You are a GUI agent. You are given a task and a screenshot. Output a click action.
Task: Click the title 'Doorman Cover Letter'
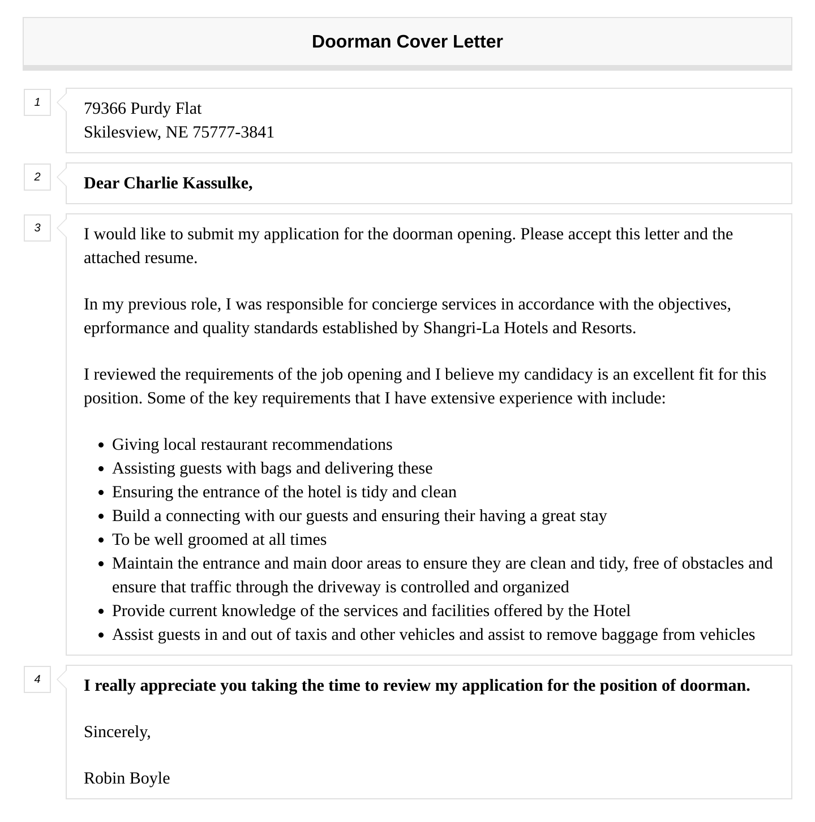[407, 42]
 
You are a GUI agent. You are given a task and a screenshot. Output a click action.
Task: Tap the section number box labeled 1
[37, 102]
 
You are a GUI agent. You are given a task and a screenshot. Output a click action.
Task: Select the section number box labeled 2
[37, 177]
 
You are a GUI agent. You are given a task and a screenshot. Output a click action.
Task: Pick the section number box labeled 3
[37, 228]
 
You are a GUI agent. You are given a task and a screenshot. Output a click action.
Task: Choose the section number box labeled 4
[37, 679]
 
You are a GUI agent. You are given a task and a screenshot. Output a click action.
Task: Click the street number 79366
[105, 109]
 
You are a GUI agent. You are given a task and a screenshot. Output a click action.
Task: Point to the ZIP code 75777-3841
[233, 132]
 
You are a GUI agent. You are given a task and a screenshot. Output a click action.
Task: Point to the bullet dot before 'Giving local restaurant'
[101, 446]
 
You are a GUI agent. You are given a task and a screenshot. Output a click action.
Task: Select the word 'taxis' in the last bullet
[311, 635]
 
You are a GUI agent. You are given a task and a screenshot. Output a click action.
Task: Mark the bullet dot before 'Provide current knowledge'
[101, 612]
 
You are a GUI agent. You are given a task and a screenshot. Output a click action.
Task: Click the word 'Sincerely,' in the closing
[117, 732]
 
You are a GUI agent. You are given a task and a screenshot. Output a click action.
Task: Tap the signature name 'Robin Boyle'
[127, 778]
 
